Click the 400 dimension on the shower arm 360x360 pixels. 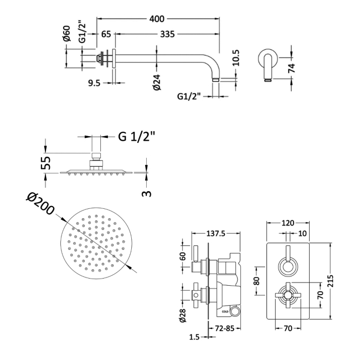[x=157, y=19]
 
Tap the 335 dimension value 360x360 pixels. [x=167, y=34]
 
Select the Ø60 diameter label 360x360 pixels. [x=66, y=34]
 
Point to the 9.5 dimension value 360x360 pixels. [x=94, y=83]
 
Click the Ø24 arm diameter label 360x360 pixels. [x=157, y=82]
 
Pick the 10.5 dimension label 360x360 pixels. [x=236, y=58]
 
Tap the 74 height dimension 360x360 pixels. [x=291, y=68]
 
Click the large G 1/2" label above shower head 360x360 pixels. [x=137, y=137]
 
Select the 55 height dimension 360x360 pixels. [x=46, y=162]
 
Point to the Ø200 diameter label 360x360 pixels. [x=40, y=204]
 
